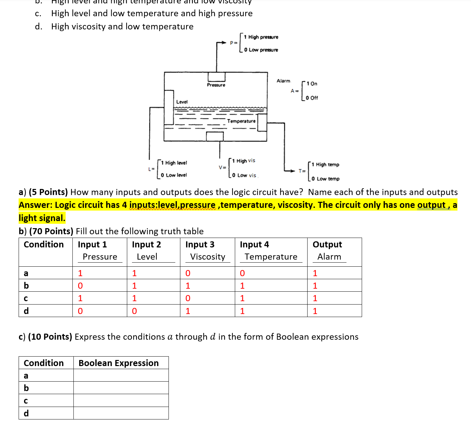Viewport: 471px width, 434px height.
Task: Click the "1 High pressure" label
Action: tap(261, 37)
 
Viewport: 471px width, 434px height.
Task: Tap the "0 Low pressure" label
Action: tap(261, 50)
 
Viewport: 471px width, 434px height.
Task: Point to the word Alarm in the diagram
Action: tap(283, 81)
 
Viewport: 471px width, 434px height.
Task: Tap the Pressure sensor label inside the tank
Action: tap(216, 85)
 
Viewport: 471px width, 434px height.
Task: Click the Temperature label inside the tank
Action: tap(241, 121)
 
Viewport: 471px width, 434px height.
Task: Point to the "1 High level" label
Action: tap(174, 163)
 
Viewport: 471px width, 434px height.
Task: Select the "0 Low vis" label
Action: tap(244, 175)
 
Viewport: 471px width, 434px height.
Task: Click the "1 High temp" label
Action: tap(326, 165)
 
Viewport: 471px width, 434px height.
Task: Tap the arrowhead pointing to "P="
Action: tap(223, 43)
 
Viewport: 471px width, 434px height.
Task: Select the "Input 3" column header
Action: tap(200, 244)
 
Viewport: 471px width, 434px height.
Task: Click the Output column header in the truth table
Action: tap(327, 244)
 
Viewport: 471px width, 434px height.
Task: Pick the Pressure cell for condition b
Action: tap(80, 286)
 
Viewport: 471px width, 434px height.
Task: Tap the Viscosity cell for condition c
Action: tap(188, 298)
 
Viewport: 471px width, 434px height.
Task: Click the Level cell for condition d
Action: tap(134, 311)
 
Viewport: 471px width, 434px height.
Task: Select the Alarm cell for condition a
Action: tap(315, 273)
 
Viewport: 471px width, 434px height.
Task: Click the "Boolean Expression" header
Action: tap(118, 363)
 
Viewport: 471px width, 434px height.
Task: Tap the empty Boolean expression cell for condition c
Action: tap(121, 401)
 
